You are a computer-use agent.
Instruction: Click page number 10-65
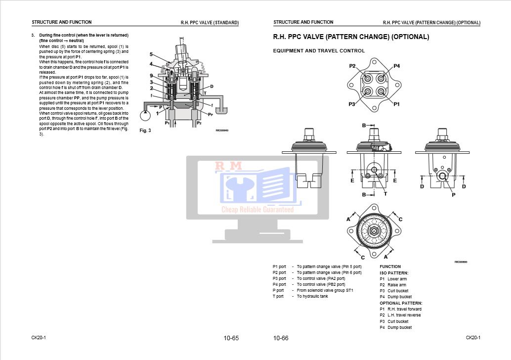[x=231, y=338]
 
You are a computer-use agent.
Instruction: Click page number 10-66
[x=281, y=338]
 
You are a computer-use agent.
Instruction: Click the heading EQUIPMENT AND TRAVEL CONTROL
[x=319, y=51]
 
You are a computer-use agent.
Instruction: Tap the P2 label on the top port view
[x=353, y=66]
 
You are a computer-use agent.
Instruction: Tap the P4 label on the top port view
[x=396, y=66]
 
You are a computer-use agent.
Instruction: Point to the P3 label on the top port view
[x=352, y=104]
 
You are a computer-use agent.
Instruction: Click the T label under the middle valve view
[x=385, y=194]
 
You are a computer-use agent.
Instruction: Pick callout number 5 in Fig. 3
[x=151, y=54]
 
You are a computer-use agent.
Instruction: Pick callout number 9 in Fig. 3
[x=151, y=76]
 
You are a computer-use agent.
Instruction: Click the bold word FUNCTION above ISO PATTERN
[x=390, y=267]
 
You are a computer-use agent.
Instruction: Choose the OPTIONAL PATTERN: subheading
[x=401, y=303]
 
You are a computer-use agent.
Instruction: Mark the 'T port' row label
[x=278, y=296]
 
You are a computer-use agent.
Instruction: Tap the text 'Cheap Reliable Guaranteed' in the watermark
[x=257, y=210]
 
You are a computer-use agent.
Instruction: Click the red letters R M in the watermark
[x=228, y=167]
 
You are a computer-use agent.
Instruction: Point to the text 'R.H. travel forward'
[x=404, y=309]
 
